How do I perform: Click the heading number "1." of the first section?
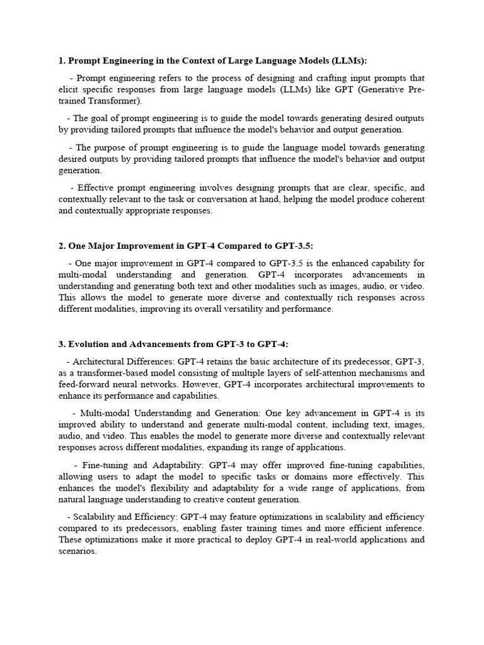pyautogui.click(x=62, y=61)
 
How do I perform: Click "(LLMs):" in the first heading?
pyautogui.click(x=346, y=61)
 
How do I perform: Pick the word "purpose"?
pyautogui.click(x=113, y=147)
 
